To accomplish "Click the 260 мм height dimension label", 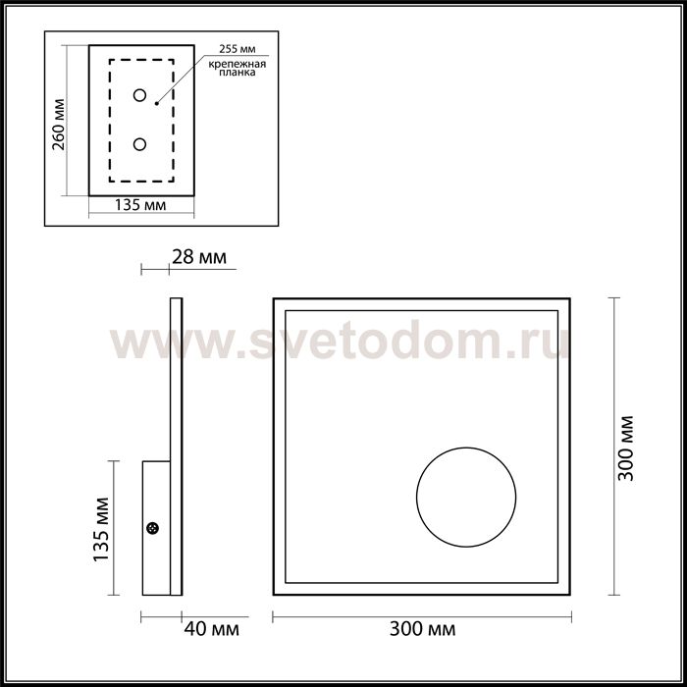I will [58, 124].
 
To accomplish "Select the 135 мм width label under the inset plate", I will [139, 207].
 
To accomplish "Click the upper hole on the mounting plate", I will [139, 95].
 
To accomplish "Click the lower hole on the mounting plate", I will [139, 145].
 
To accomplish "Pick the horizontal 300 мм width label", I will [421, 628].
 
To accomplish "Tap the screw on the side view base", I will [153, 529].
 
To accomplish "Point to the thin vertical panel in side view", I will [176, 393].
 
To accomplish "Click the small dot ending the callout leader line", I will [157, 102].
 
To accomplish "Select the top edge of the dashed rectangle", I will [140, 61].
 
